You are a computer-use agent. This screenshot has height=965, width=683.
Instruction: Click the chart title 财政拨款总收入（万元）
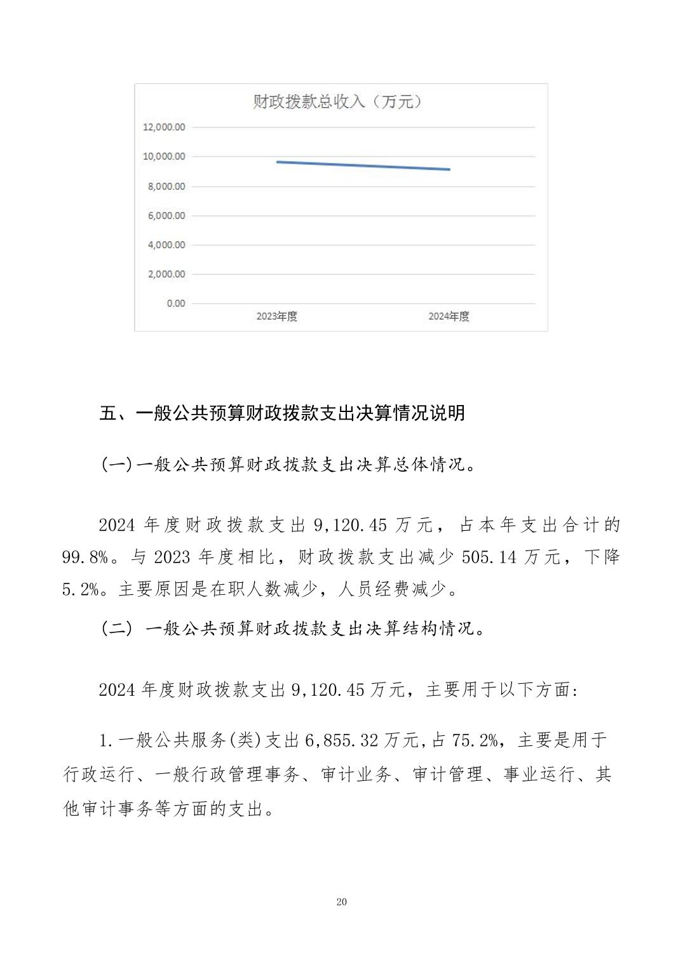(x=337, y=102)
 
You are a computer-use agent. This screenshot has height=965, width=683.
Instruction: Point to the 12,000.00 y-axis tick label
(x=164, y=127)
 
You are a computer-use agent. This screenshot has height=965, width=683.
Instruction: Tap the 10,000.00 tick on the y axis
(x=164, y=156)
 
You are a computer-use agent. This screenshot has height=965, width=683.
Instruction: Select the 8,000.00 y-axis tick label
(x=166, y=186)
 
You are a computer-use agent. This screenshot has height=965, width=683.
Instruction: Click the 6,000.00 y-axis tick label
(x=166, y=215)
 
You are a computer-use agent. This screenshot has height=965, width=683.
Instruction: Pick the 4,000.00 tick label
(x=166, y=244)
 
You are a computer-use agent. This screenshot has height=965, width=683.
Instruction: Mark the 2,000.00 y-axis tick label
(x=166, y=274)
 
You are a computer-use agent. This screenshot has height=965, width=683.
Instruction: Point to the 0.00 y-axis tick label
(x=176, y=303)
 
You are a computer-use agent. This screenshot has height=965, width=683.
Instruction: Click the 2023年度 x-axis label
(x=277, y=316)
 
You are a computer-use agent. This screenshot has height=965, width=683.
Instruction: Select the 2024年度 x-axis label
(x=449, y=316)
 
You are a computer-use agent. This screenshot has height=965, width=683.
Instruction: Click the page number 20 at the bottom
(x=342, y=902)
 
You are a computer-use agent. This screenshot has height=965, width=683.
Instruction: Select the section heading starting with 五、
(x=283, y=413)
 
